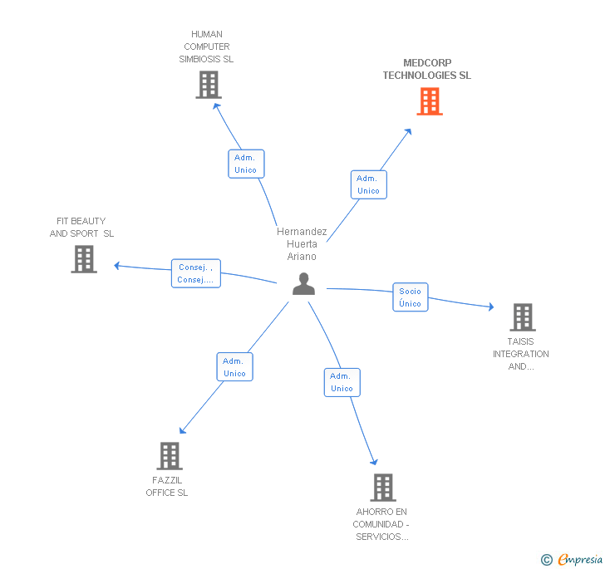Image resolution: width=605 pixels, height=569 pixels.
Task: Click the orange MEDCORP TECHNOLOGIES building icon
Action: coord(429,101)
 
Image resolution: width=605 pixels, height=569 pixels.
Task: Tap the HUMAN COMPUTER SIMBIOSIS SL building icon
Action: coord(209,84)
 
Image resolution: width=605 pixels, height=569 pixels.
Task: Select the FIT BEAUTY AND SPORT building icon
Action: coord(84,258)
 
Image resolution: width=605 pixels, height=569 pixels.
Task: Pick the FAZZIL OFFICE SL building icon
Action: coord(170,455)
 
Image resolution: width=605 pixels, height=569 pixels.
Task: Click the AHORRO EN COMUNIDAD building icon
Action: coord(382,487)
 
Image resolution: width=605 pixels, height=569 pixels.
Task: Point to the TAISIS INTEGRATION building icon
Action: coord(522,316)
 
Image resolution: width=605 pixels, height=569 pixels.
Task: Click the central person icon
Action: coord(304,284)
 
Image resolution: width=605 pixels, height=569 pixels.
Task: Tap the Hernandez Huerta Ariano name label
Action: coord(302,244)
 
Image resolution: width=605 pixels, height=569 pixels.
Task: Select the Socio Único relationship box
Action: coord(410,297)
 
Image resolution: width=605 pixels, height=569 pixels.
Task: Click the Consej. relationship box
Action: coord(195,273)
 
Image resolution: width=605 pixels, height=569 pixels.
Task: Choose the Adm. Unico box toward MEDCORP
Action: coord(368,184)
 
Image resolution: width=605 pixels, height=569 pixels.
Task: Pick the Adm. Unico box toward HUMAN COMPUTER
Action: coord(246,164)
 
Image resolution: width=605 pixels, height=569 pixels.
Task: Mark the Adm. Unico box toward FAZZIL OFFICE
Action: coord(234,367)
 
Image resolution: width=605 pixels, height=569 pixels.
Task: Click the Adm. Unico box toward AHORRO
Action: coord(342,382)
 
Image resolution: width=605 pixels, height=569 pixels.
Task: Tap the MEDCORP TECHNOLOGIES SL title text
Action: coord(426,69)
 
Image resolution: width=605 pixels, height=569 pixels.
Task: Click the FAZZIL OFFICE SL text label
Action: coord(167,487)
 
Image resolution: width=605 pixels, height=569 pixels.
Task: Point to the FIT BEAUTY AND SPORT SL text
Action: coord(81,227)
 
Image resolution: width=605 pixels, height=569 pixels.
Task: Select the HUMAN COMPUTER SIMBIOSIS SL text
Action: coord(207,47)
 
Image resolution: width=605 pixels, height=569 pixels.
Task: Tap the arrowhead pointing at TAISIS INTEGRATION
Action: coord(491,307)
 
